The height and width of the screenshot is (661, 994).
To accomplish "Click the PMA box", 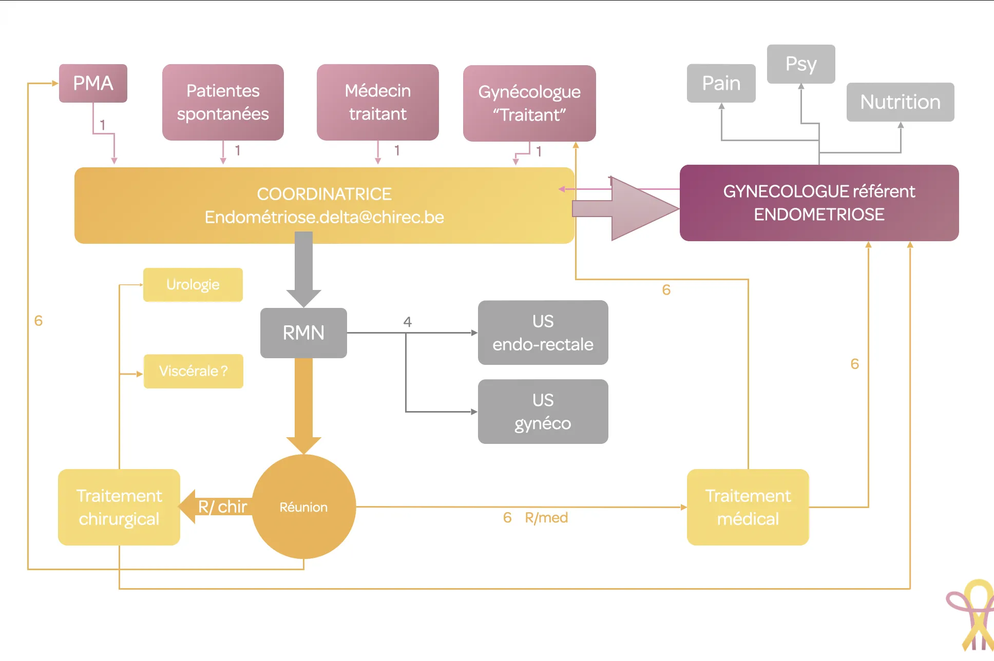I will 93,83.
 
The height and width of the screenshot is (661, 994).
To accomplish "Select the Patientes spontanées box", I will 223,102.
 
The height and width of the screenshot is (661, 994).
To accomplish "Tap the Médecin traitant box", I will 377,102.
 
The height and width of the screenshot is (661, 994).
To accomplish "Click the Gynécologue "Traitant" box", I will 529,103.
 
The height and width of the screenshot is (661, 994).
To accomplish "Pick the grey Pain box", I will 721,83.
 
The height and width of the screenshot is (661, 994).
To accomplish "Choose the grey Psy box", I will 800,64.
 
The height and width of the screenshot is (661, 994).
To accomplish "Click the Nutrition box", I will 900,102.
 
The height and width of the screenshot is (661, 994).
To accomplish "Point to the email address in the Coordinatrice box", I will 324,217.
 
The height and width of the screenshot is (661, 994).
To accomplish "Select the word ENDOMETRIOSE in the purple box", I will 819,215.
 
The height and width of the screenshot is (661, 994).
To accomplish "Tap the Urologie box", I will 193,285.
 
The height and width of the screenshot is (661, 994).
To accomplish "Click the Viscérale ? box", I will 193,371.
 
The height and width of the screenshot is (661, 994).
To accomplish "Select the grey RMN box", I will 303,333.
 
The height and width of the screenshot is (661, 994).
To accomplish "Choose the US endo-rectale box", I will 543,333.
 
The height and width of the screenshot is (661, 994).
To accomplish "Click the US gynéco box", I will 543,412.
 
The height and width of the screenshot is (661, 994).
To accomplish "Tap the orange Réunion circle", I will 303,507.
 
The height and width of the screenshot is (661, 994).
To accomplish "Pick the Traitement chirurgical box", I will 119,507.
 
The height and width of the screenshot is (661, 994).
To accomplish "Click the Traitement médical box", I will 748,507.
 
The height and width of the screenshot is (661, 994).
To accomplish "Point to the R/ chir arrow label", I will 222,507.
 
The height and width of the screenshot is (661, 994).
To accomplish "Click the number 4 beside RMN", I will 407,322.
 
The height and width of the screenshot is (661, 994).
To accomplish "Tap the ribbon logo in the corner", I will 973,616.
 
